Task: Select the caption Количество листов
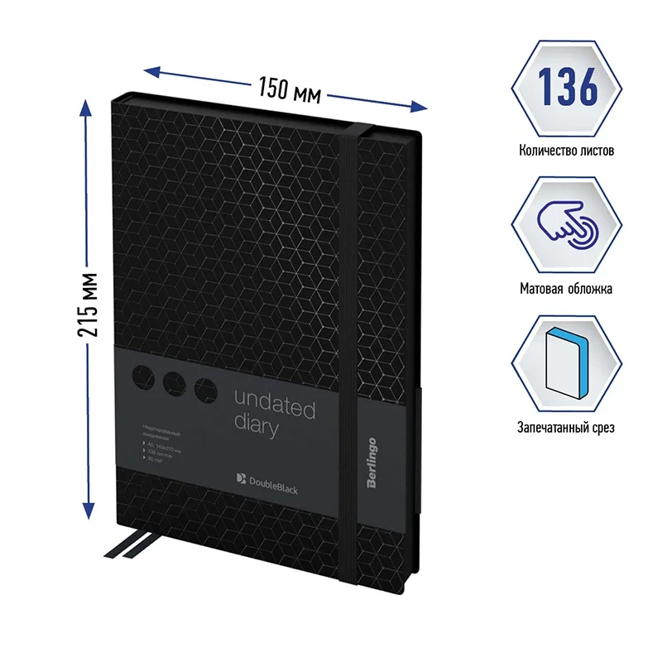(x=567, y=151)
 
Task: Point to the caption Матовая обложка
(x=567, y=290)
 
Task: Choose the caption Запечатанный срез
(x=567, y=428)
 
